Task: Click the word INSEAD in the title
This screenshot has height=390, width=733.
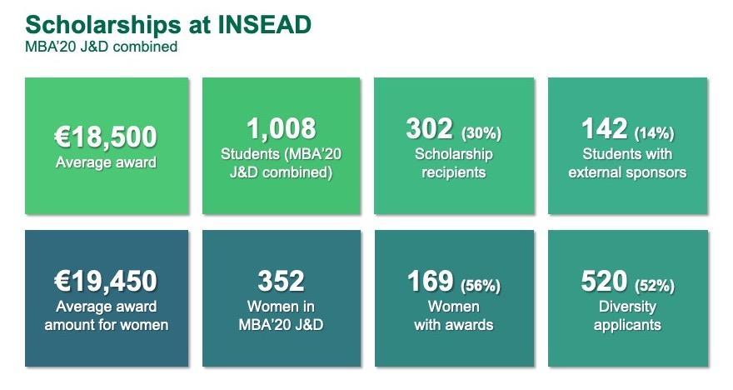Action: tap(265, 24)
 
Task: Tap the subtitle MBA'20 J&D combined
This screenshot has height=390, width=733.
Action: tap(101, 47)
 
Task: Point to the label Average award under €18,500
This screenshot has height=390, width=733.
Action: tap(106, 162)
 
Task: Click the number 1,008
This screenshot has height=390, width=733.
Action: tap(282, 128)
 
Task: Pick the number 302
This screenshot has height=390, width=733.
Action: tap(429, 129)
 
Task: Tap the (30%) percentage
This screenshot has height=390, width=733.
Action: tap(481, 132)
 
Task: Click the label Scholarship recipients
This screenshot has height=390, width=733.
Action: tap(454, 162)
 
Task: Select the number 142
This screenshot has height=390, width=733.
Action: tap(604, 129)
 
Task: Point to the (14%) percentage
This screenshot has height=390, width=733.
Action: tap(654, 132)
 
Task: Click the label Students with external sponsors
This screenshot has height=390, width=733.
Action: tap(627, 162)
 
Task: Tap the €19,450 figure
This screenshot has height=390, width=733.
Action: tap(107, 282)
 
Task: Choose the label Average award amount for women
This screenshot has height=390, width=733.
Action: tap(107, 316)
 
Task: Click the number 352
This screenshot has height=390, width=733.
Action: tap(282, 282)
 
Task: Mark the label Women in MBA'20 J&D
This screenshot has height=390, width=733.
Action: tap(282, 316)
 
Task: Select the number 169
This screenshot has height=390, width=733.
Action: tap(430, 282)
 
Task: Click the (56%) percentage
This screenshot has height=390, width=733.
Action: tap(481, 285)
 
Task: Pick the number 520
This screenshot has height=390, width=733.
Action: tap(604, 282)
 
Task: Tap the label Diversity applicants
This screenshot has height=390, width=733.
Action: tap(627, 316)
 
